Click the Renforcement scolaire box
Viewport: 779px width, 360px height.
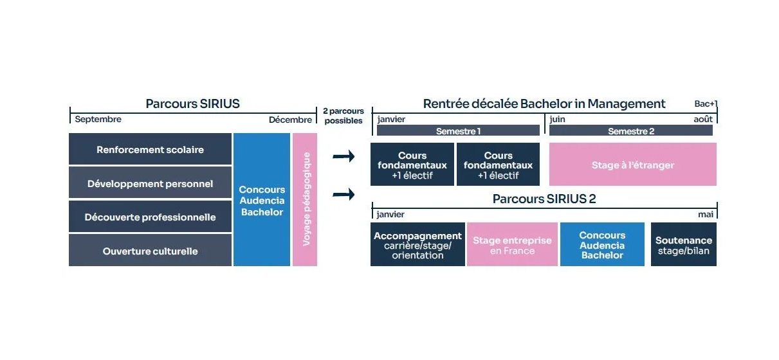(150, 149)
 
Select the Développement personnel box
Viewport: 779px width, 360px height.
(150, 183)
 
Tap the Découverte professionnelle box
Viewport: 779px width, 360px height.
(150, 217)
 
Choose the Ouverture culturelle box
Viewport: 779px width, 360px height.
(150, 251)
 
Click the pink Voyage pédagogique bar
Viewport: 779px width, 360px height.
(305, 199)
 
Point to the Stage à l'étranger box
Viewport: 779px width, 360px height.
(632, 165)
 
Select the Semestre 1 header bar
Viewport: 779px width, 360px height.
(458, 130)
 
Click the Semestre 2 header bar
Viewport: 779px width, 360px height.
(630, 130)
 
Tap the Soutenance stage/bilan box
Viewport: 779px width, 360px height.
(683, 245)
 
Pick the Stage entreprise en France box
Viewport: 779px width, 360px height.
(512, 245)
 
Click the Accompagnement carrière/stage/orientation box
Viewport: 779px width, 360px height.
(417, 245)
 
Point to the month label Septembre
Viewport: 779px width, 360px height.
(98, 119)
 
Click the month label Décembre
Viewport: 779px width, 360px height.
(290, 119)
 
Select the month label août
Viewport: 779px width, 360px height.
(702, 119)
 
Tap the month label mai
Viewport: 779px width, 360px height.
(705, 214)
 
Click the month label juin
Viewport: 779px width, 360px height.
(557, 119)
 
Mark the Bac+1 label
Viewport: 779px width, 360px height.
(706, 104)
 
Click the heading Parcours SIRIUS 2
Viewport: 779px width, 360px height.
(544, 199)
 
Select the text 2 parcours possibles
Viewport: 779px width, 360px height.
(343, 116)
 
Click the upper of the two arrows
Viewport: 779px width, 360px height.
(344, 156)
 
